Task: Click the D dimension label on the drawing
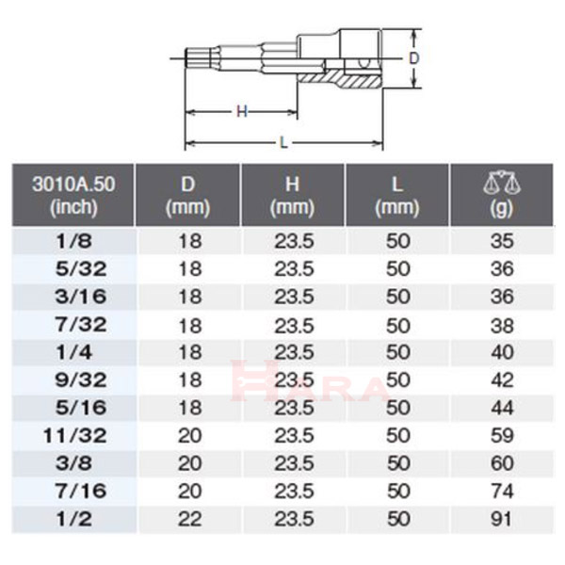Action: pyautogui.click(x=414, y=57)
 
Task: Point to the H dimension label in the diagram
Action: pyautogui.click(x=242, y=112)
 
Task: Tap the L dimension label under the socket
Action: pyautogui.click(x=284, y=143)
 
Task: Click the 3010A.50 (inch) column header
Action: pyautogui.click(x=73, y=195)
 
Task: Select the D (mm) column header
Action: pyautogui.click(x=187, y=195)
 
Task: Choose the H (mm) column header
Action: pyautogui.click(x=293, y=195)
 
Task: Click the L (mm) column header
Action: pyautogui.click(x=397, y=195)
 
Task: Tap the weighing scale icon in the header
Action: pyautogui.click(x=502, y=183)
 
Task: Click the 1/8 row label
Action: pyautogui.click(x=73, y=241)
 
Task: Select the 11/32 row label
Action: pyautogui.click(x=75, y=436)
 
